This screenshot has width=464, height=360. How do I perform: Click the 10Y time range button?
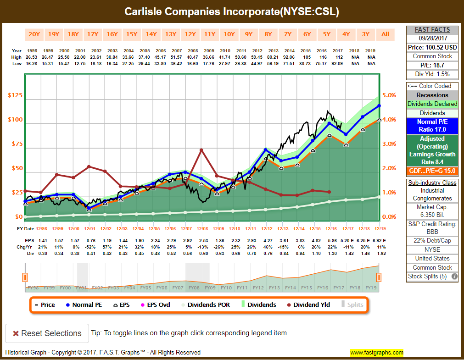(x=229, y=34)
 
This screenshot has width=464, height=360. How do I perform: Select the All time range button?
(x=385, y=34)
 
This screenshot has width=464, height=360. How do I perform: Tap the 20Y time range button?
(x=34, y=34)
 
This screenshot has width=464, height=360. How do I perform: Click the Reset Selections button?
(x=46, y=333)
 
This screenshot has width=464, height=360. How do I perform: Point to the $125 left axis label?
(x=15, y=95)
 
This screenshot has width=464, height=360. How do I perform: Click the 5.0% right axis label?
(x=389, y=95)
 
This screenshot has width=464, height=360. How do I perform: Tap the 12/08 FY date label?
(x=202, y=228)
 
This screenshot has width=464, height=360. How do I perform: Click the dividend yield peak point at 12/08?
(x=201, y=150)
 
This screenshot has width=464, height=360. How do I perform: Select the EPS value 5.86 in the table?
(x=332, y=240)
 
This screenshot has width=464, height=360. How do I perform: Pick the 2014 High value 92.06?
(x=288, y=57)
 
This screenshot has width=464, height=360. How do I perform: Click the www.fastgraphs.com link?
(x=377, y=353)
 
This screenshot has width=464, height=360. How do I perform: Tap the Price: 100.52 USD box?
(x=432, y=47)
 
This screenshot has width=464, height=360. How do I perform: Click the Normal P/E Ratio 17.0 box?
(x=432, y=126)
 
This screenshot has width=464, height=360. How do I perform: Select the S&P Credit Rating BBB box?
(x=432, y=228)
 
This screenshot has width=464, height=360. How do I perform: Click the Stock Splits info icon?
(x=454, y=277)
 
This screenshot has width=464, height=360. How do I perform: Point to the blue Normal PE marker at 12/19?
(x=379, y=106)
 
